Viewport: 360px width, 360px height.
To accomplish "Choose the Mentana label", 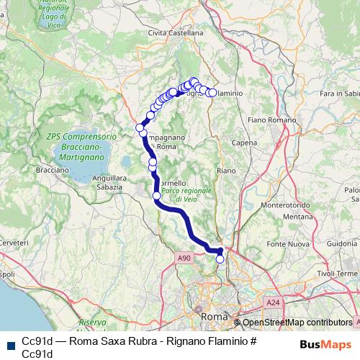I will tap(296, 216).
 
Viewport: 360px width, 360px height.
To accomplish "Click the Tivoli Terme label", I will tap(336, 274).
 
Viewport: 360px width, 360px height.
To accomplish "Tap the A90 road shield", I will tap(184, 257).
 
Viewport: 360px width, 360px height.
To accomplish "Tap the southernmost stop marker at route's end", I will tap(220, 259).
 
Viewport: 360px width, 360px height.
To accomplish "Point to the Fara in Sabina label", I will tap(340, 94).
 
